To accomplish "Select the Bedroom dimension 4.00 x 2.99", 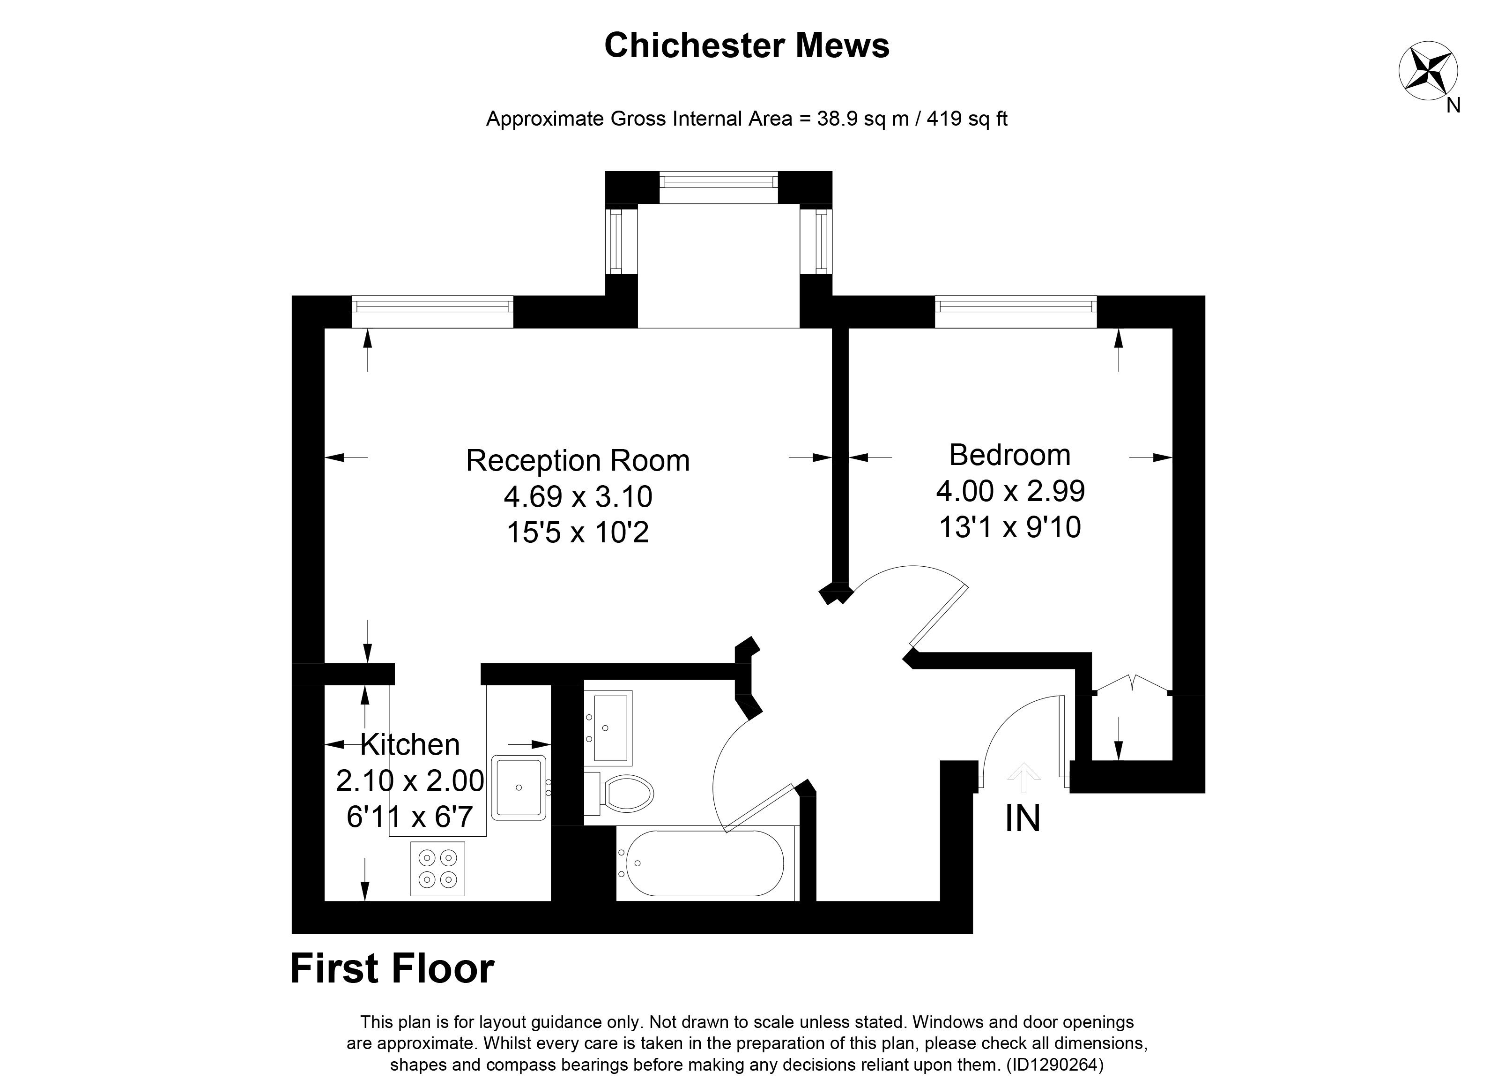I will click(1010, 491).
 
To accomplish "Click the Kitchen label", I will click(409, 745).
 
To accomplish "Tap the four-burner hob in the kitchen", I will click(437, 869).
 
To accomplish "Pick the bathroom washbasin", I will click(609, 727).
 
